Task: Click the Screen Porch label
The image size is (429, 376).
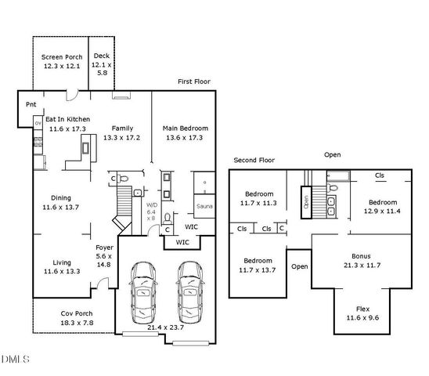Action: coord(61,57)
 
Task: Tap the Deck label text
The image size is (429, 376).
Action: coord(102,56)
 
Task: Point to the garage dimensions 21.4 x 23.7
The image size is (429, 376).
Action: coord(165,327)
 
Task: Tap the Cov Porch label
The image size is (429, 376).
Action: coord(77,313)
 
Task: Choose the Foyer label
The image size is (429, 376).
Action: coord(104,247)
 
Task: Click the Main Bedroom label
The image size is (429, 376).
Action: coord(185,128)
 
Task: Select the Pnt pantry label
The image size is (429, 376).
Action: coord(31,104)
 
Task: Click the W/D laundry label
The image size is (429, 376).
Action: coord(152,205)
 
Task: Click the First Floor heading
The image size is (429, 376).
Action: coord(193,81)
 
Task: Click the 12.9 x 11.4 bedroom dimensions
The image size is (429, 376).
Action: coord(383,211)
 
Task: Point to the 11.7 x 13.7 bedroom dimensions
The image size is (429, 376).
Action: coord(258,270)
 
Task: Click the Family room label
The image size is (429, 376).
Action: coord(121,128)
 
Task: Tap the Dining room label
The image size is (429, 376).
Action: coord(61,198)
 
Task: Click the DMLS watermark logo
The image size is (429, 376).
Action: coord(16,360)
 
